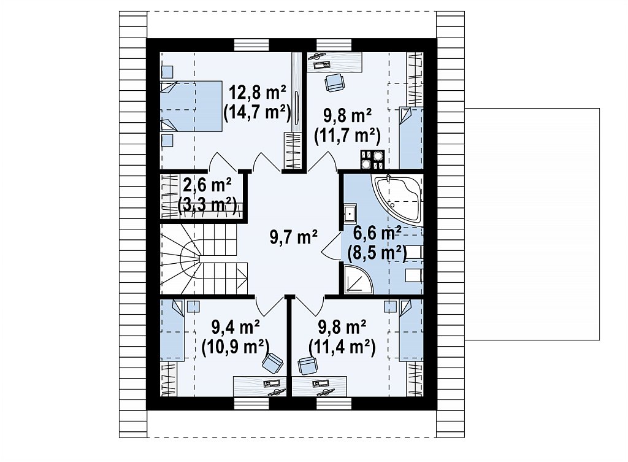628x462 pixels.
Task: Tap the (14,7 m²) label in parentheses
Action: [x=257, y=113]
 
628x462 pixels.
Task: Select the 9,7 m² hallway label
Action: [x=294, y=237]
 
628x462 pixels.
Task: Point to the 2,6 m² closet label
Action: [x=207, y=185]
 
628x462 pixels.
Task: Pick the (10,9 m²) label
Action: [x=235, y=346]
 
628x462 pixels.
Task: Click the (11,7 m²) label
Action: [x=347, y=136]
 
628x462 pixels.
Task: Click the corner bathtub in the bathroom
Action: [x=397, y=199]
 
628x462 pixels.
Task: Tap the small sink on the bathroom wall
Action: [x=350, y=214]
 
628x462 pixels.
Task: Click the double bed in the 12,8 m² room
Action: [x=191, y=106]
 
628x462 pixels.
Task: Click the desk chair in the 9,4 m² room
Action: [x=272, y=362]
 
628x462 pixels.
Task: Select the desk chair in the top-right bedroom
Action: [x=334, y=83]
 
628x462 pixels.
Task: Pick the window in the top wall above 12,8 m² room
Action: [x=251, y=45]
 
